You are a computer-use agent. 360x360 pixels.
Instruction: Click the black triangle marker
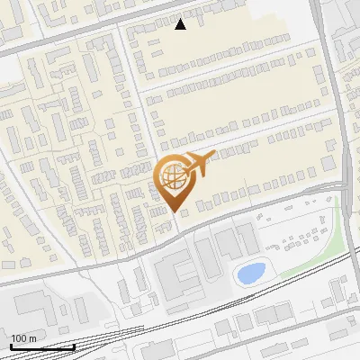coord(181,24)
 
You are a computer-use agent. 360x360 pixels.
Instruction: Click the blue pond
coord(249,272)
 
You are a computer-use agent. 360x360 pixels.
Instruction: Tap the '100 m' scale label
coord(23,338)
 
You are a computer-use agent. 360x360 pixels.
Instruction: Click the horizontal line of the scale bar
coord(41,346)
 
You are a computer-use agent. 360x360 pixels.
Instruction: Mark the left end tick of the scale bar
coord(10,345)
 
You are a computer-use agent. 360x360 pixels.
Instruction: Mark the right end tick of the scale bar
coord(74,345)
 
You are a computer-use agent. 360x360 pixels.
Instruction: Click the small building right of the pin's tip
coord(185,212)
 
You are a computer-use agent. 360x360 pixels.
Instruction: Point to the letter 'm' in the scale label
coord(32,338)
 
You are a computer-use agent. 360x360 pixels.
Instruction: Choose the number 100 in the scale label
coord(19,338)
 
